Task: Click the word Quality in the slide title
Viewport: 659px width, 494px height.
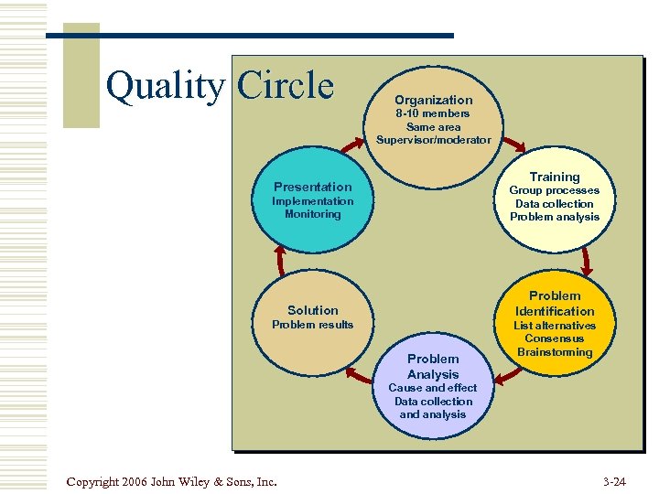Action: pyautogui.click(x=164, y=86)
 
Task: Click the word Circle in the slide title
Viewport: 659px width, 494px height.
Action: pyautogui.click(x=286, y=86)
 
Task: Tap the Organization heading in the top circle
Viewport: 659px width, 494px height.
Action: pyautogui.click(x=434, y=100)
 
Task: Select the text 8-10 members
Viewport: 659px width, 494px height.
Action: pyautogui.click(x=433, y=113)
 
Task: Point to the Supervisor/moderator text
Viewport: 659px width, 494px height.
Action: pyautogui.click(x=433, y=140)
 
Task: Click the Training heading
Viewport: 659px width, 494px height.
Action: pyautogui.click(x=555, y=177)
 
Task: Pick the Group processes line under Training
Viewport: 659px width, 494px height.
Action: pyautogui.click(x=555, y=190)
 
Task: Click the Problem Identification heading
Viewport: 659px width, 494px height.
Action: pyautogui.click(x=555, y=303)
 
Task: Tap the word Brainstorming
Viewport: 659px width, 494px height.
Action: pyautogui.click(x=555, y=352)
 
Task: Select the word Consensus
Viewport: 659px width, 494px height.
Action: pyautogui.click(x=555, y=338)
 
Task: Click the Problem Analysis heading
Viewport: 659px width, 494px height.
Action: pyautogui.click(x=433, y=366)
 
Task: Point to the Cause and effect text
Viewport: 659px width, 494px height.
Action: pyautogui.click(x=433, y=388)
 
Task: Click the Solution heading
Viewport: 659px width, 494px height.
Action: pyautogui.click(x=312, y=310)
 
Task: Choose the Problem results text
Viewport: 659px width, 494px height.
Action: pyautogui.click(x=312, y=325)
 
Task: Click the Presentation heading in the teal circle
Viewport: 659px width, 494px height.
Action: pyautogui.click(x=312, y=187)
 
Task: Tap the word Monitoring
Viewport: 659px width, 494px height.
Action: pyautogui.click(x=312, y=214)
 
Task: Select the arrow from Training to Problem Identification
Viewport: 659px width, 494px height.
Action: pyautogui.click(x=587, y=261)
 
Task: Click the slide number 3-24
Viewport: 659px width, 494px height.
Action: pyautogui.click(x=615, y=480)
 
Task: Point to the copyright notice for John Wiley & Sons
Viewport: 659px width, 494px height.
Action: pyautogui.click(x=172, y=480)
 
